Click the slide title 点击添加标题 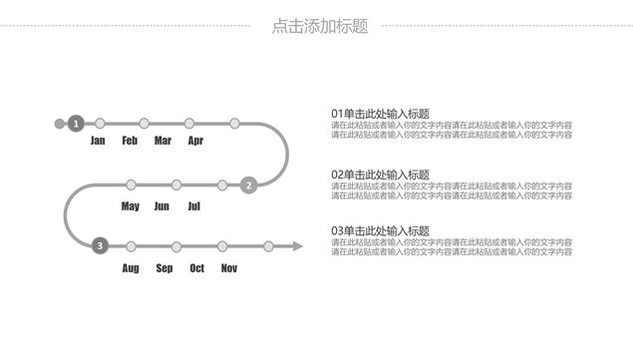tap(319, 27)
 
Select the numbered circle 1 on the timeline tap(76, 124)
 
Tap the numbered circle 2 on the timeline tap(249, 184)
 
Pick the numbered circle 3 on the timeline tap(99, 245)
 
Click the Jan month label tap(98, 141)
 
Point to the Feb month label tap(130, 141)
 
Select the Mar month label tap(162, 141)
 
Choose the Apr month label tap(195, 141)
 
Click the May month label tap(130, 206)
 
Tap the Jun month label tap(161, 206)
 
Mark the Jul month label tap(193, 206)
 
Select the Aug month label tap(131, 268)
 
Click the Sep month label tap(164, 268)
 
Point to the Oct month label tap(196, 268)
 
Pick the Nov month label tap(229, 268)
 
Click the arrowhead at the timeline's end tap(297, 245)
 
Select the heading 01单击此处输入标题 tap(380, 115)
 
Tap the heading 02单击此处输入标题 tap(380, 175)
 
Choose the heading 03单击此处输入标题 tap(380, 231)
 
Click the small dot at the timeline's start tap(59, 124)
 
